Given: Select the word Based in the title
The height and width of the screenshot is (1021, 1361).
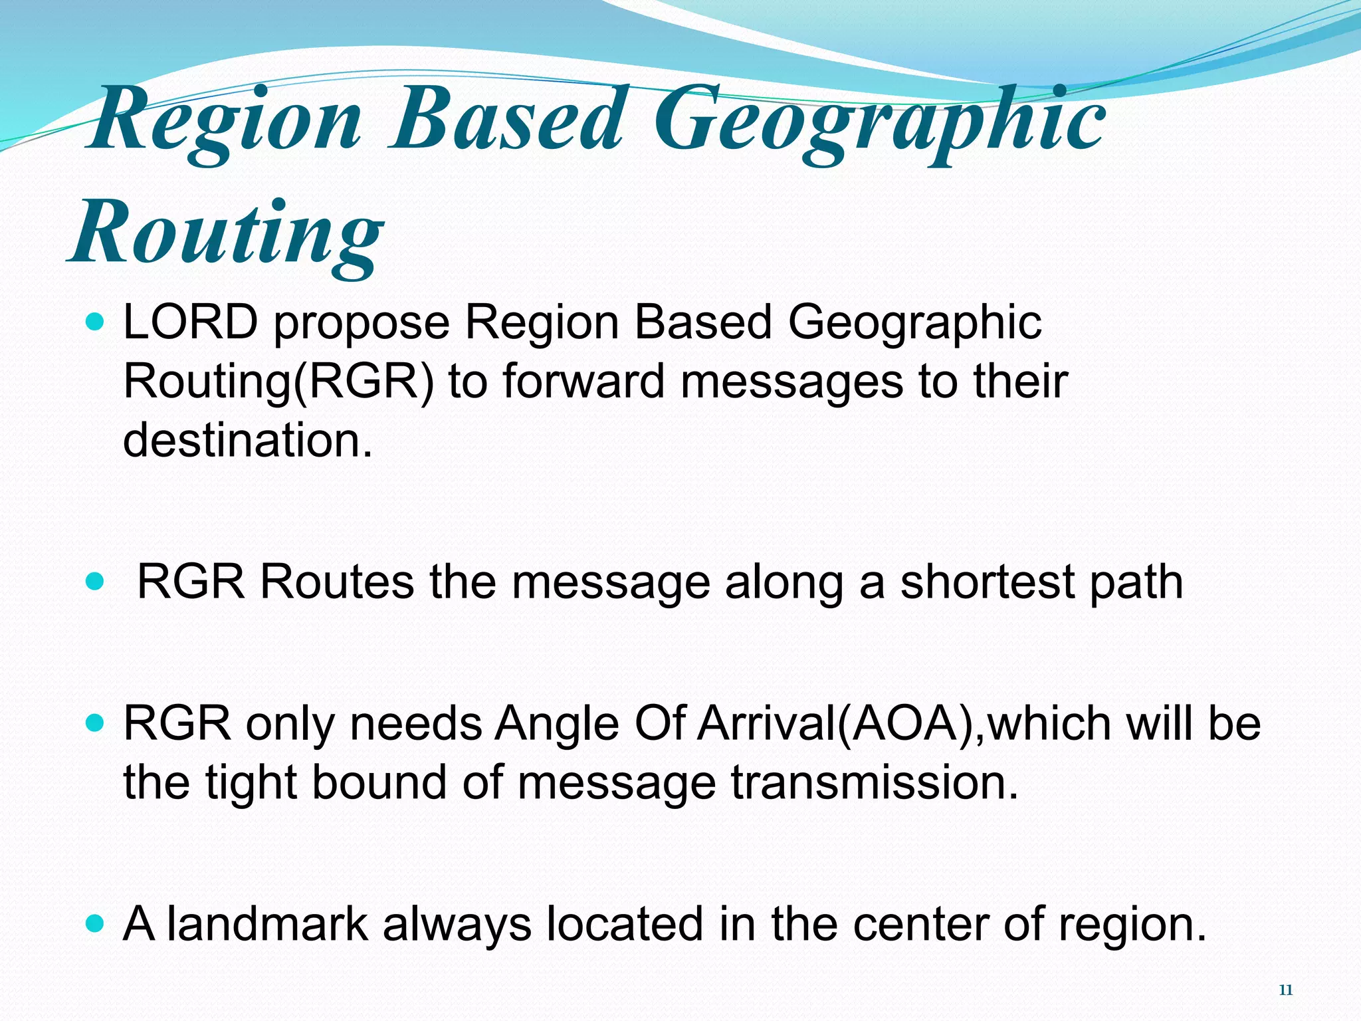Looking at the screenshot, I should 508,120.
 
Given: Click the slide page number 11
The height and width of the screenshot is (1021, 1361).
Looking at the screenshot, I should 1285,990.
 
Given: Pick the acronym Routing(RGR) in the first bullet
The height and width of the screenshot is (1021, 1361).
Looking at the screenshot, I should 278,383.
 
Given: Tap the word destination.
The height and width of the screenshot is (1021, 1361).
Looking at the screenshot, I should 247,440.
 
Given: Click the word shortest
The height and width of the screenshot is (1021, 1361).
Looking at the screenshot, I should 986,582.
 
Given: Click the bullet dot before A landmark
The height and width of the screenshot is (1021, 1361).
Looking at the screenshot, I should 96,924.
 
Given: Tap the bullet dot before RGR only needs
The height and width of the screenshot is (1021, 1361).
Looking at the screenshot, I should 96,723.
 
